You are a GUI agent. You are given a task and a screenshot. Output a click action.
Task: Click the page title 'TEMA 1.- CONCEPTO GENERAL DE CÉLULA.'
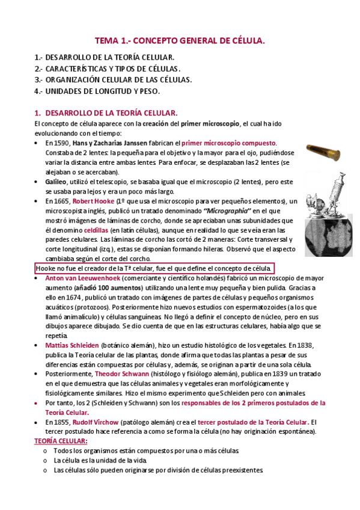[x=180, y=41]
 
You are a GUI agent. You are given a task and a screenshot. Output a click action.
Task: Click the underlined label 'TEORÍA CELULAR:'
[x=60, y=441]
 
